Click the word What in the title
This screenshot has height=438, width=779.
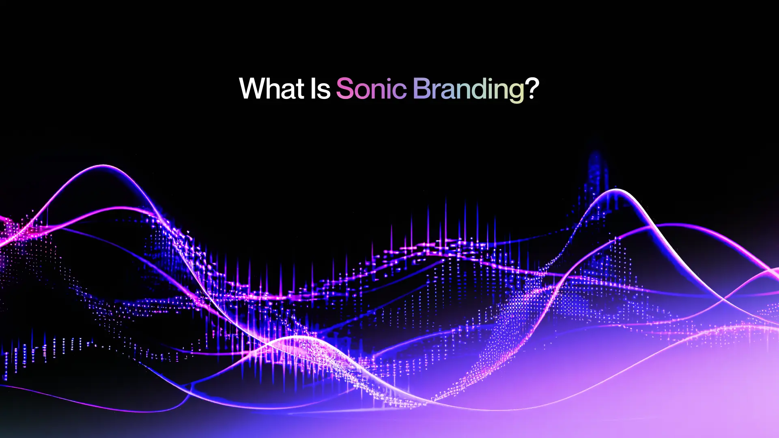(272, 88)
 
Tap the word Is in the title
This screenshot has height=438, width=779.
(321, 88)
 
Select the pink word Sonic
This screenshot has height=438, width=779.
(371, 88)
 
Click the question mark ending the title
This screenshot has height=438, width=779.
(532, 88)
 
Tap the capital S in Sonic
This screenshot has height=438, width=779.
(345, 88)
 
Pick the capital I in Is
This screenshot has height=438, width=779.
(314, 88)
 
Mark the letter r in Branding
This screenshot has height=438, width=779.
(436, 91)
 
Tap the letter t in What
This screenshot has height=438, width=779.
(300, 90)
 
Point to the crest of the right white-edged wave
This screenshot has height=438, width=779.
(615, 190)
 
